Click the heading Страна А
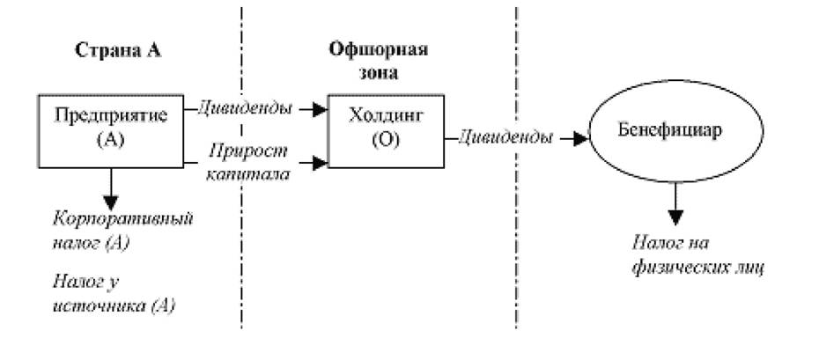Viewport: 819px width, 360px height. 118,50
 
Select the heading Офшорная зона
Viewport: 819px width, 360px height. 379,62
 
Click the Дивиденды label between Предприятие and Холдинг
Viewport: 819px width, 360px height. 245,109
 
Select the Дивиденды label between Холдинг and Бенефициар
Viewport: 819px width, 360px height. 505,138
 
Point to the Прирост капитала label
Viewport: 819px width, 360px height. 247,163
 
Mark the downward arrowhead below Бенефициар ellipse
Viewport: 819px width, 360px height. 675,217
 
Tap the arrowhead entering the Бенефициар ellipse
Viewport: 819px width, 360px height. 581,139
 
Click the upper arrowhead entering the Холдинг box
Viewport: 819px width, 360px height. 321,109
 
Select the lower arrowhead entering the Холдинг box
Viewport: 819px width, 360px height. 321,163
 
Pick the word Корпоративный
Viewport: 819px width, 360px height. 123,219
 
